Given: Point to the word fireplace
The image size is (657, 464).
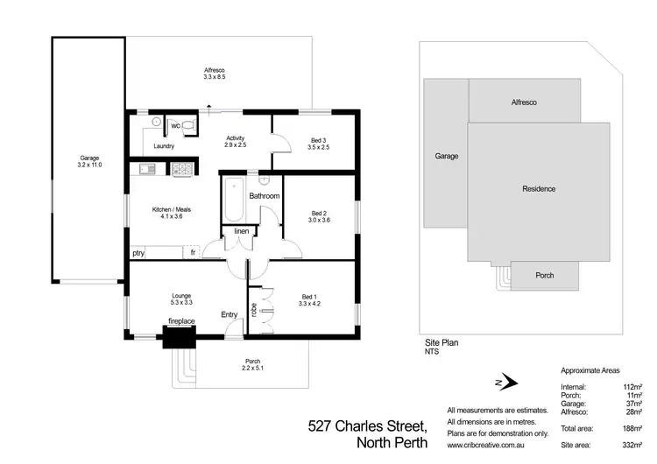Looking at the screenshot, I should [181, 322].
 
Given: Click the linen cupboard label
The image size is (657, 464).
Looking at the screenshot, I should [242, 231].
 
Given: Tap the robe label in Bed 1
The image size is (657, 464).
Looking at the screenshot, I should [254, 309].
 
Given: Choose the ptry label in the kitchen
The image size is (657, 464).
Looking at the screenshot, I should [138, 253].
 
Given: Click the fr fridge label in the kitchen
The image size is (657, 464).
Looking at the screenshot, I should [192, 253].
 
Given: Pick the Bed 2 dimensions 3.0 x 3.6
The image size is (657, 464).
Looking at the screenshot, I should [319, 221].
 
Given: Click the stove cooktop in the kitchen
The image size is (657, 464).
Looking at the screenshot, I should [182, 170].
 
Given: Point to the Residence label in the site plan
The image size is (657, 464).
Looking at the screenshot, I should [538, 188].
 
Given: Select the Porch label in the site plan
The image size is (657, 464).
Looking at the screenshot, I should [544, 276].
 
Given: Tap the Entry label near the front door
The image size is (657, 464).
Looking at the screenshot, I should [230, 314].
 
